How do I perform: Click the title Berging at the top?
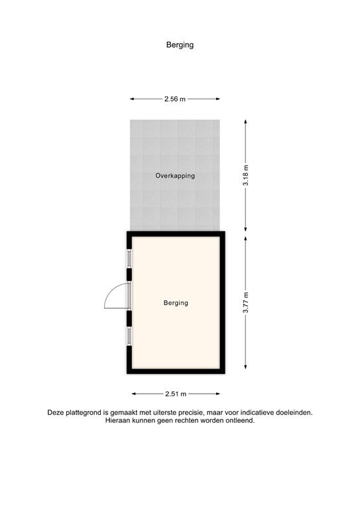(180, 45)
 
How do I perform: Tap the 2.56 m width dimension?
(175, 99)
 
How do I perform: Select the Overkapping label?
(175, 176)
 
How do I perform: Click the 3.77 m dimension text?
(246, 302)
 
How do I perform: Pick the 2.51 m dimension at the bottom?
(175, 393)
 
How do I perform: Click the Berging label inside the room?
(176, 303)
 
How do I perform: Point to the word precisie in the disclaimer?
(199, 412)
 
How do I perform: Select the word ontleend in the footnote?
(240, 420)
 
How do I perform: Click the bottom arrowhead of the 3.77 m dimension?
(246, 368)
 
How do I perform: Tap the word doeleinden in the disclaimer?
(293, 412)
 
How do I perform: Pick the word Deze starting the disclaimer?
(56, 412)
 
